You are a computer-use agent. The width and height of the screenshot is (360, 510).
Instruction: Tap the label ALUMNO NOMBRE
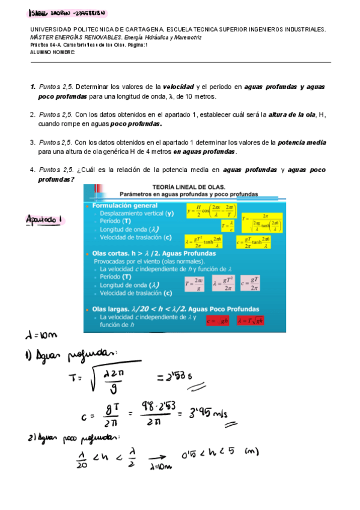52,52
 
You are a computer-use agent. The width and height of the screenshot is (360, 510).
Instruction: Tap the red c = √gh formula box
218,320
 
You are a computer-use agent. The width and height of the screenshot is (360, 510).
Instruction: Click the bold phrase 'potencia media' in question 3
302,143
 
